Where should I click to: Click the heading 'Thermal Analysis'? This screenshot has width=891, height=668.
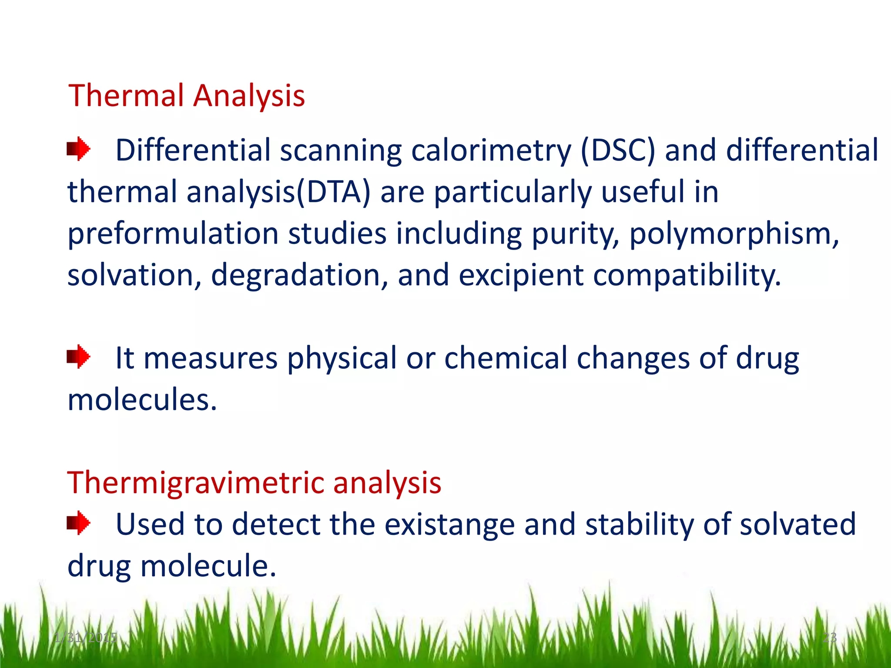coord(187,95)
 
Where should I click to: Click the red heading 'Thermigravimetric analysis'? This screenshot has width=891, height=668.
coord(254,483)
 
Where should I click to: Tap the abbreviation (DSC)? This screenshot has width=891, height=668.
coord(618,150)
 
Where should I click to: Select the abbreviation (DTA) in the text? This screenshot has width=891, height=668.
coord(334,192)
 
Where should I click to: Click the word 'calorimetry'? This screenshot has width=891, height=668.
coord(491,150)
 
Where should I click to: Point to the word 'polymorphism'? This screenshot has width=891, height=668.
coord(734,234)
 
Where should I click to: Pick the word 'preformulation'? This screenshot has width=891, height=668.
coord(173,234)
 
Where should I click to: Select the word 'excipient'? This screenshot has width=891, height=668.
coord(521,275)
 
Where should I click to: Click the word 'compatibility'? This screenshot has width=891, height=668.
coord(687,275)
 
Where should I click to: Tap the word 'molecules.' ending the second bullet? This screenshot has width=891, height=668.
coord(142,400)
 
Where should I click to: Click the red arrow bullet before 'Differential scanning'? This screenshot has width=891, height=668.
coord(78,149)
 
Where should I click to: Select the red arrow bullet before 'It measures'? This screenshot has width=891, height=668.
coord(78,357)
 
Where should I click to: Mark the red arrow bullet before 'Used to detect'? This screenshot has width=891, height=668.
coord(78,523)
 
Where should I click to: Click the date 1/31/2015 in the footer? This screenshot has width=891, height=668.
coord(86,638)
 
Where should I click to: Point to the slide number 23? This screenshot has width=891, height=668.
coord(829,638)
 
